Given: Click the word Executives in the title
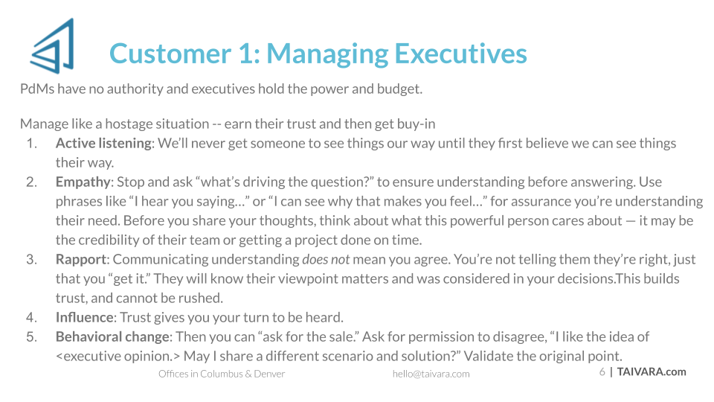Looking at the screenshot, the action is tap(460, 54).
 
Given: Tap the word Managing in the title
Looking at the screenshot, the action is tap(327, 54).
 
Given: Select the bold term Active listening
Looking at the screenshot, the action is tap(103, 143).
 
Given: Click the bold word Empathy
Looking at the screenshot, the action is tap(83, 182).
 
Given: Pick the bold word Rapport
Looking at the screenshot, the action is tap(81, 259).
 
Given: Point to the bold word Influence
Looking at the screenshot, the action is tap(84, 317).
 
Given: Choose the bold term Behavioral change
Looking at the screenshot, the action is tap(112, 336).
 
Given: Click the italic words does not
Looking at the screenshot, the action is tap(326, 259).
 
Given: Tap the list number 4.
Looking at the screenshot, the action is tap(31, 317).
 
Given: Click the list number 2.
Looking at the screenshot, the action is tap(31, 182).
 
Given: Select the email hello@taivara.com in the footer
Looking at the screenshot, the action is tap(431, 374).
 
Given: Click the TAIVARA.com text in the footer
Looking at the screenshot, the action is tap(652, 372).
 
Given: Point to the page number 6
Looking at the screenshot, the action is tap(602, 372).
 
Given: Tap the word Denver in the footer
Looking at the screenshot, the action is tap(269, 374).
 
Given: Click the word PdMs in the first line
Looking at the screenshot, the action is tap(37, 89).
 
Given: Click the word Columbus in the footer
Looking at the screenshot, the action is tap(222, 374).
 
